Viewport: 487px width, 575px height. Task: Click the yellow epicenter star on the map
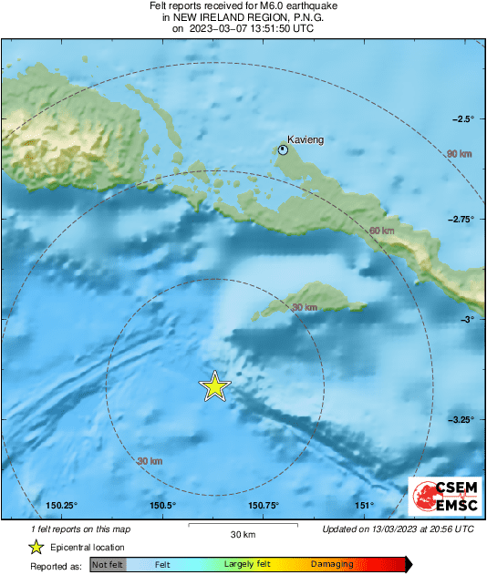[x=214, y=386]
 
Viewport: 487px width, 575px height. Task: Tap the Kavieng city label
[x=306, y=139]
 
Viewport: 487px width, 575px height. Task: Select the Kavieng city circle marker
[x=284, y=150]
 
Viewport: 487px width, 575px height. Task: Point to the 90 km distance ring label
[x=458, y=155]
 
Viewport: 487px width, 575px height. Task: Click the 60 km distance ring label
[x=381, y=231]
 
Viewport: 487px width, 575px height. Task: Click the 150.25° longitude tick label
[x=62, y=506]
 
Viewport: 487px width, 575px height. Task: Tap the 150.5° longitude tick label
[x=162, y=506]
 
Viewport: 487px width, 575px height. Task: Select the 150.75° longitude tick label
[x=263, y=506]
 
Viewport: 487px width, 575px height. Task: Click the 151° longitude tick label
[x=364, y=506]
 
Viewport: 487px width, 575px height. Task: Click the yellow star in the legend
[x=36, y=547]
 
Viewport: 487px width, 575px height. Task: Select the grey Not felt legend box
[x=107, y=565]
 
